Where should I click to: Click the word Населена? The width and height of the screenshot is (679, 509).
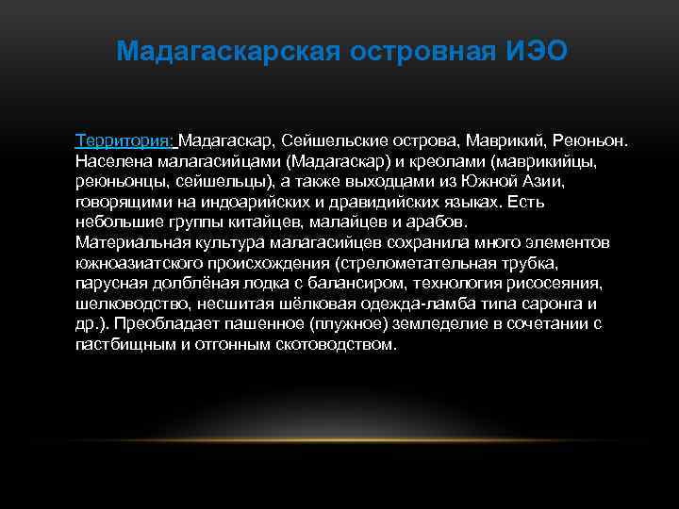click(x=110, y=161)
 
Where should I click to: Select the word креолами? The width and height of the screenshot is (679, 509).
click(x=439, y=161)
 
